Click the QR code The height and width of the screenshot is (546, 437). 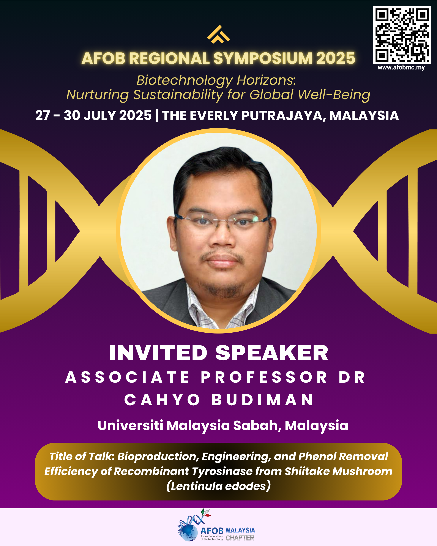[402, 35]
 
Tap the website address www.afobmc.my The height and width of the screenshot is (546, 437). [401, 67]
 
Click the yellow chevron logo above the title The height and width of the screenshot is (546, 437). [218, 35]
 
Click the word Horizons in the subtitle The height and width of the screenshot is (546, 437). [266, 80]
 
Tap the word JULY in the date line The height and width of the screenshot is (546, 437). [99, 115]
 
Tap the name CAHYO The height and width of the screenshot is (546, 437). [162, 400]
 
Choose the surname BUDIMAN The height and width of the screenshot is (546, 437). [262, 400]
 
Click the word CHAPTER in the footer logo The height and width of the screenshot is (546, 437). [240, 538]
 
